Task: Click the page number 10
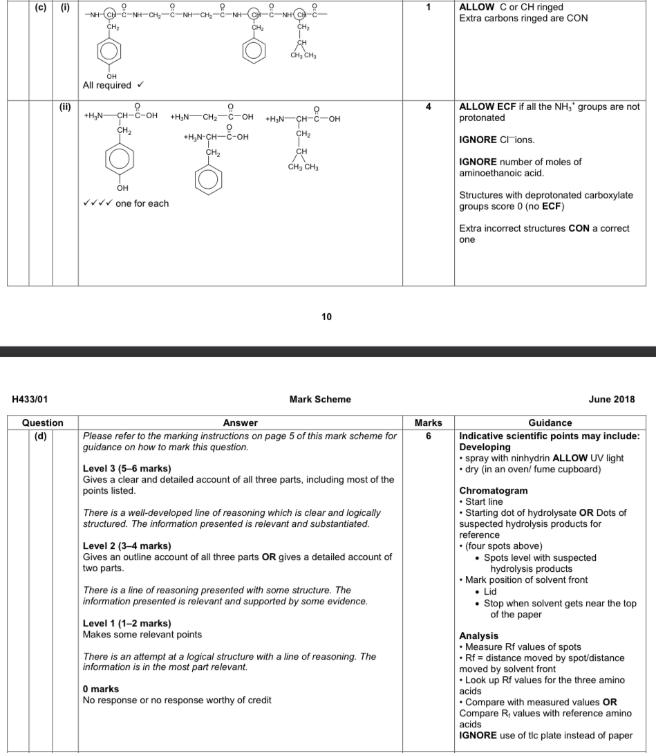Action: (327, 317)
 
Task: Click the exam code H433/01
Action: (30, 399)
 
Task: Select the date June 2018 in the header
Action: (611, 399)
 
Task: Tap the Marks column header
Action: (428, 422)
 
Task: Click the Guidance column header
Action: (550, 422)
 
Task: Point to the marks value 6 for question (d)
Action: (428, 436)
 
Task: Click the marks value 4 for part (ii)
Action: (428, 107)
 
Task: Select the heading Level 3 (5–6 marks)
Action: (126, 469)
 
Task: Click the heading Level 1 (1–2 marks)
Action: (126, 624)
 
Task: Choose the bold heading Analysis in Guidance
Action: (478, 635)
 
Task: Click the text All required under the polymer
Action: (107, 85)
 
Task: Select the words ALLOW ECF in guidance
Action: (487, 107)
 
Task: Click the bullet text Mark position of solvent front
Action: (526, 579)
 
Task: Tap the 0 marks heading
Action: (101, 689)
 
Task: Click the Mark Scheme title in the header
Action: (320, 399)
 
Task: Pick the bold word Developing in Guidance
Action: (485, 447)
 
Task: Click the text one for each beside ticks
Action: (142, 203)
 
